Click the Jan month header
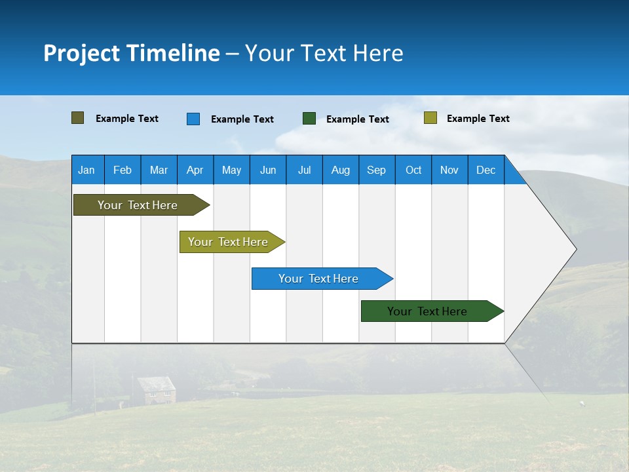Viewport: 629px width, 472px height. click(x=87, y=170)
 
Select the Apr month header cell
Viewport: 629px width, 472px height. click(x=195, y=170)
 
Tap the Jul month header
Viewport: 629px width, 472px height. click(x=305, y=170)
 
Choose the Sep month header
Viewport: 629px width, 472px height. click(x=377, y=170)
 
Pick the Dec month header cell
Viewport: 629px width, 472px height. click(x=486, y=170)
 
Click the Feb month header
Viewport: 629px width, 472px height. click(x=123, y=170)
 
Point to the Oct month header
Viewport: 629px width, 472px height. click(x=413, y=170)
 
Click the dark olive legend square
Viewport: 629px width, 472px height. click(x=78, y=118)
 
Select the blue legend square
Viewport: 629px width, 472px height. click(x=193, y=119)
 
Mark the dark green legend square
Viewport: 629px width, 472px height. click(x=309, y=119)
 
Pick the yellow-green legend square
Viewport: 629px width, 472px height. click(x=430, y=118)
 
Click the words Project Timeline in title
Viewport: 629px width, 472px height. click(x=132, y=53)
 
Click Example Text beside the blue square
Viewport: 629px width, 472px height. click(x=242, y=119)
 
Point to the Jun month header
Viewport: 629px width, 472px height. click(x=268, y=170)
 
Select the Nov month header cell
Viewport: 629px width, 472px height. click(x=449, y=170)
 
